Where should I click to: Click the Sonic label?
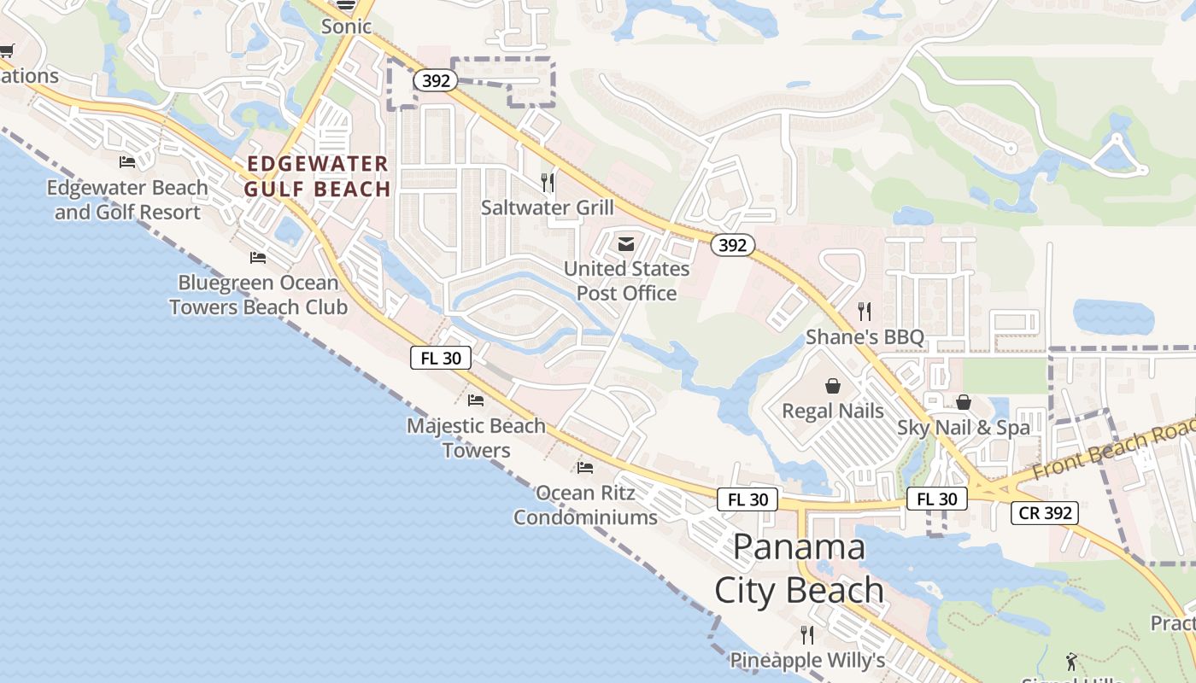pos(346,26)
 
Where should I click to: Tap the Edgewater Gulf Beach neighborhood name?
pos(318,176)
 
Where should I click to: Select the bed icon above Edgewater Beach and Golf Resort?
pos(127,161)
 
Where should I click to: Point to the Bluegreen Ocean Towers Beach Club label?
pos(258,295)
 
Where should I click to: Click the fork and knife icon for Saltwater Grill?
pos(548,182)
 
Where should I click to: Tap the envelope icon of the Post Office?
pos(626,245)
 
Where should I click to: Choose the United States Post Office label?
pos(626,281)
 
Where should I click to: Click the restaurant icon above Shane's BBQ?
pos(865,312)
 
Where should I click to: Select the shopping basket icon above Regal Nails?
pos(833,386)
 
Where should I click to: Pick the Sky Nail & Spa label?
pos(964,428)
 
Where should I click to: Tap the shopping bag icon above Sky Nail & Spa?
pos(964,402)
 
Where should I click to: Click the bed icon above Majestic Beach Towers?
pos(476,400)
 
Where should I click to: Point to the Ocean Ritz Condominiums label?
pos(585,505)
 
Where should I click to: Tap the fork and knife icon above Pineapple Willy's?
pos(806,635)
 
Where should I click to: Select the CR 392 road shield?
pos(1045,513)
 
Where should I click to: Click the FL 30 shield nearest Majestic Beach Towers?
pos(441,359)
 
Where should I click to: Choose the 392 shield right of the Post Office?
pos(732,246)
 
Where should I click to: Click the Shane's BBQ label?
pos(865,337)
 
